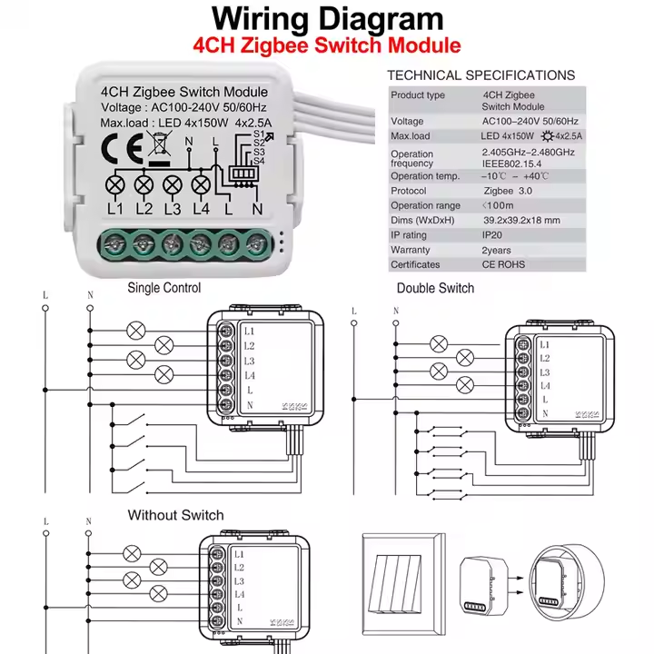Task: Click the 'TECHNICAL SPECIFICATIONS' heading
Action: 481,75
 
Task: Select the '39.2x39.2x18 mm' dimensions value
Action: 521,221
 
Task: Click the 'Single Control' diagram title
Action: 164,288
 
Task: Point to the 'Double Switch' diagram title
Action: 435,288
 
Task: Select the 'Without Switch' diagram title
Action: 175,515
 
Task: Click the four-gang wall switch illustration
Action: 405,580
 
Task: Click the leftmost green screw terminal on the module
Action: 114,243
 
